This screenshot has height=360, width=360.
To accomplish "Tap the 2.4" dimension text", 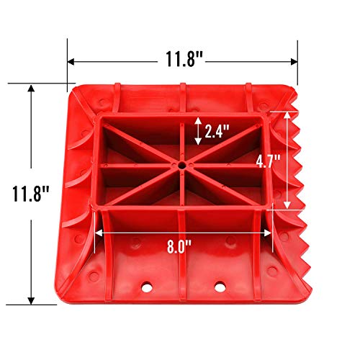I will click(x=215, y=132).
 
